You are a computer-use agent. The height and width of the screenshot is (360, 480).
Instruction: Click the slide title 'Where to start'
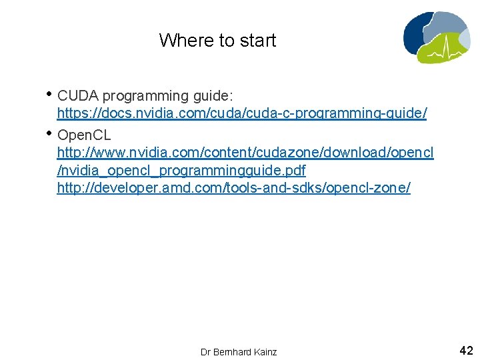217,41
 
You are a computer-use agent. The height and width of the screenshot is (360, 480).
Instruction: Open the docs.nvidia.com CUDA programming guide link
241,113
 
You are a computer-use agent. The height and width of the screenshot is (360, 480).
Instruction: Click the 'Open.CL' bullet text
84,136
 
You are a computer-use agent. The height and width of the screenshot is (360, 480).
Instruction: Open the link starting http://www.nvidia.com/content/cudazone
245,153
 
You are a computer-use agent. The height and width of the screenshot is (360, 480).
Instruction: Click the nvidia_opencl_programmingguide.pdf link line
181,170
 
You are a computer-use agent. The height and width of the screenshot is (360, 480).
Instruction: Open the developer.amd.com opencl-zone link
233,188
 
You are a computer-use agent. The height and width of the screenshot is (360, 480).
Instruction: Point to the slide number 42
466,350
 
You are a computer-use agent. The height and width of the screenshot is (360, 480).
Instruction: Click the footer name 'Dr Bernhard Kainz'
238,351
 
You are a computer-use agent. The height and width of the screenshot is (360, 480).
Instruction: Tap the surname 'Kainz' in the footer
265,351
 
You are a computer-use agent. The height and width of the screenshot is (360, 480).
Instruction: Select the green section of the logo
453,52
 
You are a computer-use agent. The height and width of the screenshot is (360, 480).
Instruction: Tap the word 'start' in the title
258,41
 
